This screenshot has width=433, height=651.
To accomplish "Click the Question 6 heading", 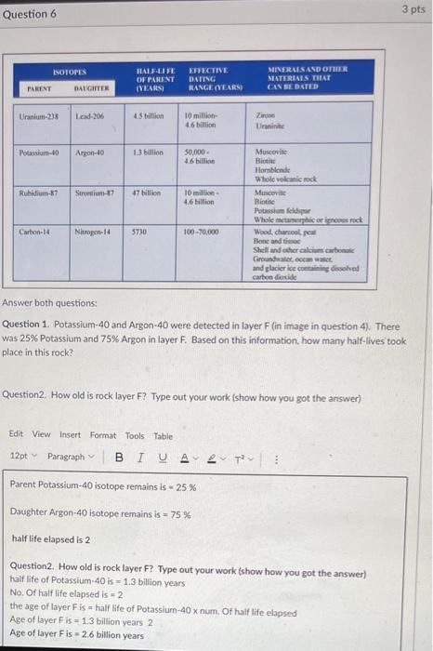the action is [30, 14].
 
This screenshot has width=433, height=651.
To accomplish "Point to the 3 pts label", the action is [413, 8].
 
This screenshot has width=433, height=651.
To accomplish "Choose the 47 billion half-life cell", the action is [147, 193].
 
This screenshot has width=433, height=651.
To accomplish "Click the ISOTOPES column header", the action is [68, 71].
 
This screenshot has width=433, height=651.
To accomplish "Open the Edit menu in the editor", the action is [16, 434].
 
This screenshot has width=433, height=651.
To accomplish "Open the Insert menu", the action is [70, 434].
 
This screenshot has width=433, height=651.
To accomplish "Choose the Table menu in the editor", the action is [163, 434].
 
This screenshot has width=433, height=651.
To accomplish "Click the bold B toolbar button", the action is [118, 458].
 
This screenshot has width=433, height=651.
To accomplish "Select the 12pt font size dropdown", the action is [20, 457].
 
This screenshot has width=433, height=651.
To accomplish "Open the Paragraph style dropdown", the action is [69, 457].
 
